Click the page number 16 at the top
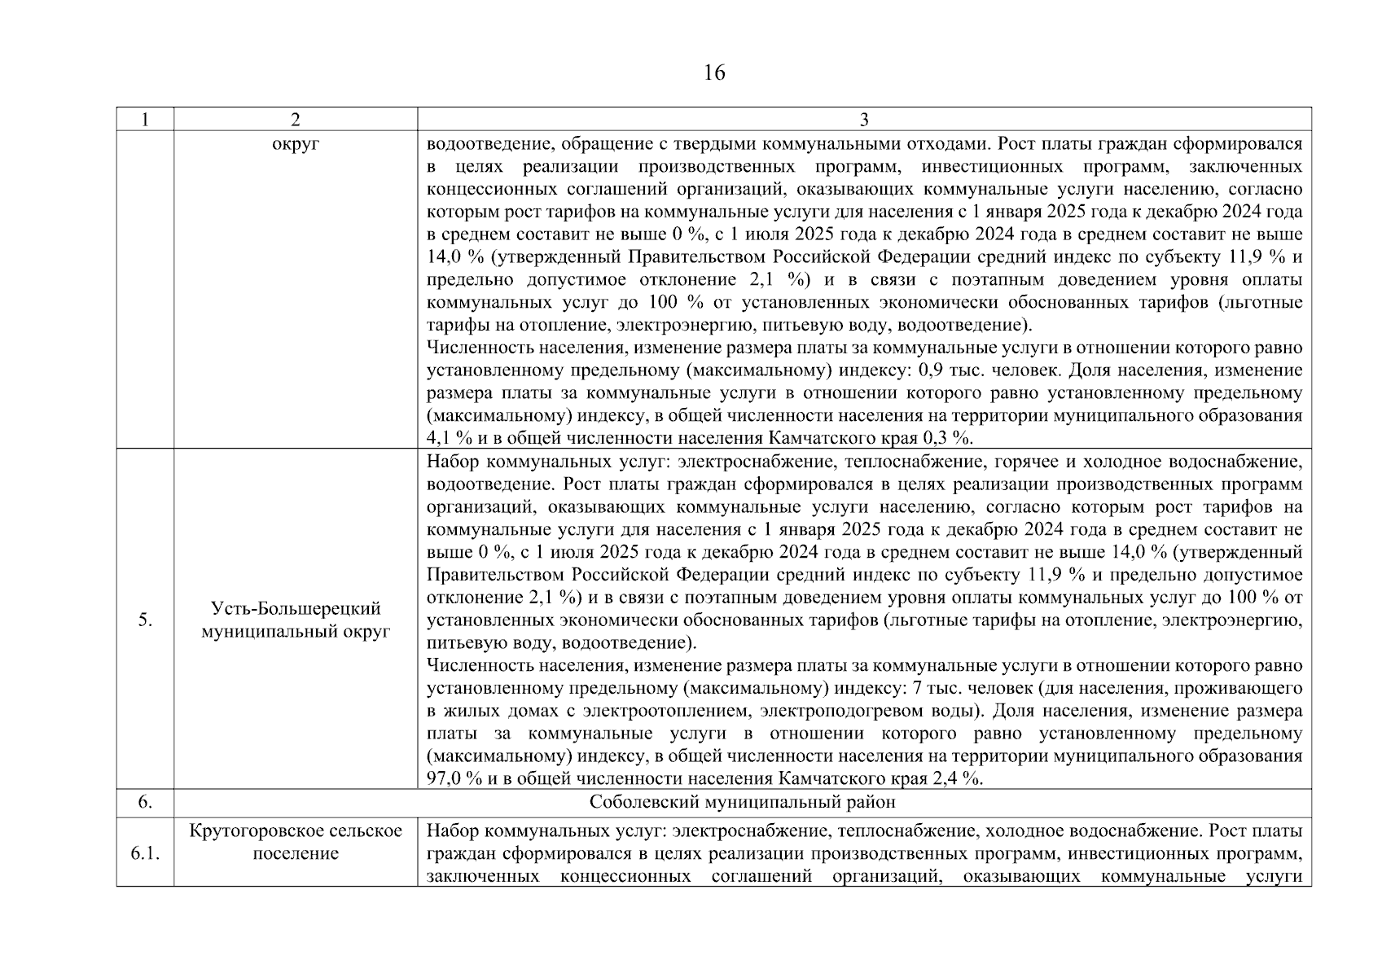click(x=713, y=73)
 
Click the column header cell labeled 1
click(x=145, y=120)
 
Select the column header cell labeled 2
click(x=295, y=120)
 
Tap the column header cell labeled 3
click(x=863, y=120)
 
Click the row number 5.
click(x=145, y=620)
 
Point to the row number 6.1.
click(x=145, y=854)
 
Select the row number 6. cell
click(x=145, y=803)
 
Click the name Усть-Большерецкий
click(x=296, y=609)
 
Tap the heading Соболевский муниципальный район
click(x=742, y=803)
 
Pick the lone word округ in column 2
click(x=296, y=144)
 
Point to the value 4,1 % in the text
click(x=447, y=439)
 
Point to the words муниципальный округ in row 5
click(x=296, y=632)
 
